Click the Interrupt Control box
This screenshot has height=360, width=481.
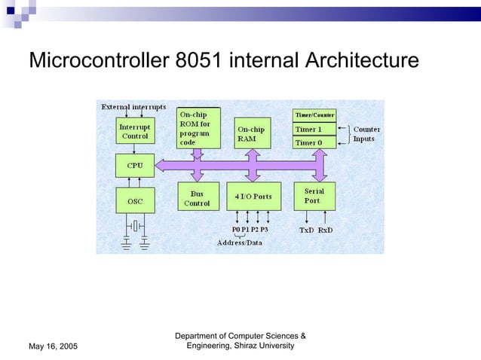(134, 132)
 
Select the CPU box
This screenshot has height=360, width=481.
(134, 165)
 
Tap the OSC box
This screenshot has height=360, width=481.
(134, 201)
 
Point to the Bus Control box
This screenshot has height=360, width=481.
(198, 198)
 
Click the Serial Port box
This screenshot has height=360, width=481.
(314, 197)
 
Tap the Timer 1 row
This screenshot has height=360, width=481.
(314, 129)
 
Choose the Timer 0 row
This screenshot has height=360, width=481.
(314, 142)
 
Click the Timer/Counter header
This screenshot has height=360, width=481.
(314, 114)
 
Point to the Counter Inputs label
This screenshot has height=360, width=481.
(366, 134)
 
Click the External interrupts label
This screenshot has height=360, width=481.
(134, 108)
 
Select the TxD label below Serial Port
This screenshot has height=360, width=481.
(307, 229)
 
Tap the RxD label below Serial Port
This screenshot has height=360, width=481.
(326, 229)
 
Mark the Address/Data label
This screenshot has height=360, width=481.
(240, 243)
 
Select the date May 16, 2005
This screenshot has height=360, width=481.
(53, 346)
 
